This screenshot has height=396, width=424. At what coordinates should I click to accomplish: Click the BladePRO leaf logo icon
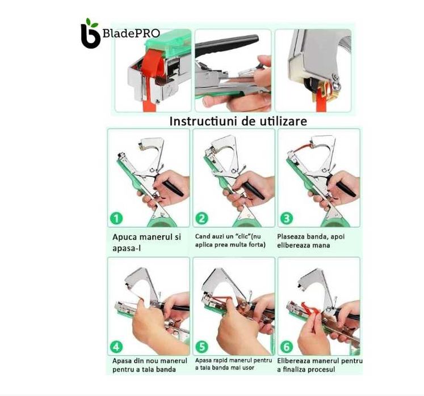(x=91, y=33)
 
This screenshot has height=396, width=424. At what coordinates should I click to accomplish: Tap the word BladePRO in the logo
(x=131, y=33)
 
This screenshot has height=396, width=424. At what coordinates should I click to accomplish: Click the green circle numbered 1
(x=116, y=218)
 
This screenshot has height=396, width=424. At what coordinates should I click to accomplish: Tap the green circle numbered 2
(x=201, y=218)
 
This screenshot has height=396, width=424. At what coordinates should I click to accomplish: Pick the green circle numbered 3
(x=287, y=218)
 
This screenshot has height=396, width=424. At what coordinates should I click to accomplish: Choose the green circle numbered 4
(x=116, y=347)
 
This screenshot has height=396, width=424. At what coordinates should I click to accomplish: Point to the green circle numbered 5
(x=201, y=347)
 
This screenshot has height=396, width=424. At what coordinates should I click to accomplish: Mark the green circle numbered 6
(x=287, y=347)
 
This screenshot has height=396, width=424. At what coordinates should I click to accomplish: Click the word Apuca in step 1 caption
(x=123, y=237)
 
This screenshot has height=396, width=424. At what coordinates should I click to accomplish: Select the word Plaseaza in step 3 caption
(x=289, y=237)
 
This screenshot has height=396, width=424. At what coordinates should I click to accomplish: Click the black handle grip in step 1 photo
(x=173, y=188)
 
